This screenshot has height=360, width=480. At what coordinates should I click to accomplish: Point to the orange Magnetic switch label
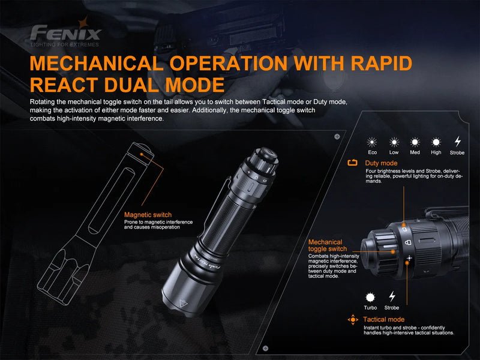[x=148, y=214]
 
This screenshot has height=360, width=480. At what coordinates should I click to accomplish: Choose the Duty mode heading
[x=381, y=163]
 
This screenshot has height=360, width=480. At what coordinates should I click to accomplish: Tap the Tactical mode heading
[x=384, y=319]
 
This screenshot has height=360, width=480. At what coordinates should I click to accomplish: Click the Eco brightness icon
[x=372, y=142]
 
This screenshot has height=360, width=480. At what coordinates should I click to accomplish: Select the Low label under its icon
[x=394, y=152]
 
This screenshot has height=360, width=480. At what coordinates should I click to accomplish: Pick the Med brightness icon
[x=415, y=142]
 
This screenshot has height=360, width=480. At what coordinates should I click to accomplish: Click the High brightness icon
[x=436, y=142]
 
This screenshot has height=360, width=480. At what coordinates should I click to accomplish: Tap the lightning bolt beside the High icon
[x=458, y=142]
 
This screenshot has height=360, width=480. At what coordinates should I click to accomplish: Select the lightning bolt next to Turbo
[x=392, y=296]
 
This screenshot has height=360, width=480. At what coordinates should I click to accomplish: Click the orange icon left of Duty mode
[x=353, y=163]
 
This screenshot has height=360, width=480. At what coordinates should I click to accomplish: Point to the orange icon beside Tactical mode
[x=353, y=319]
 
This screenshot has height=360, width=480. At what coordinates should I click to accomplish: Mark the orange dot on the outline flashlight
[x=142, y=154]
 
